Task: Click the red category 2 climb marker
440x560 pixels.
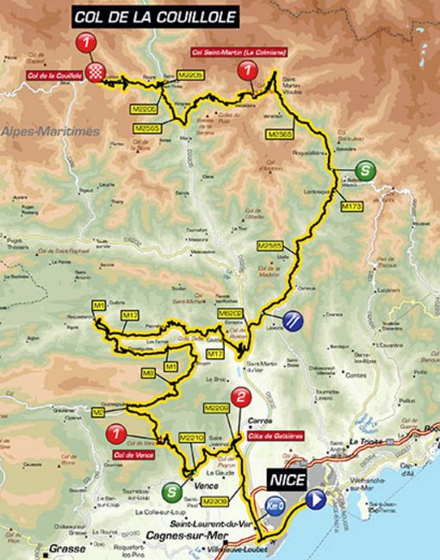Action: point(244,397)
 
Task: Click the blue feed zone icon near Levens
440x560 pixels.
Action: point(294,320)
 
